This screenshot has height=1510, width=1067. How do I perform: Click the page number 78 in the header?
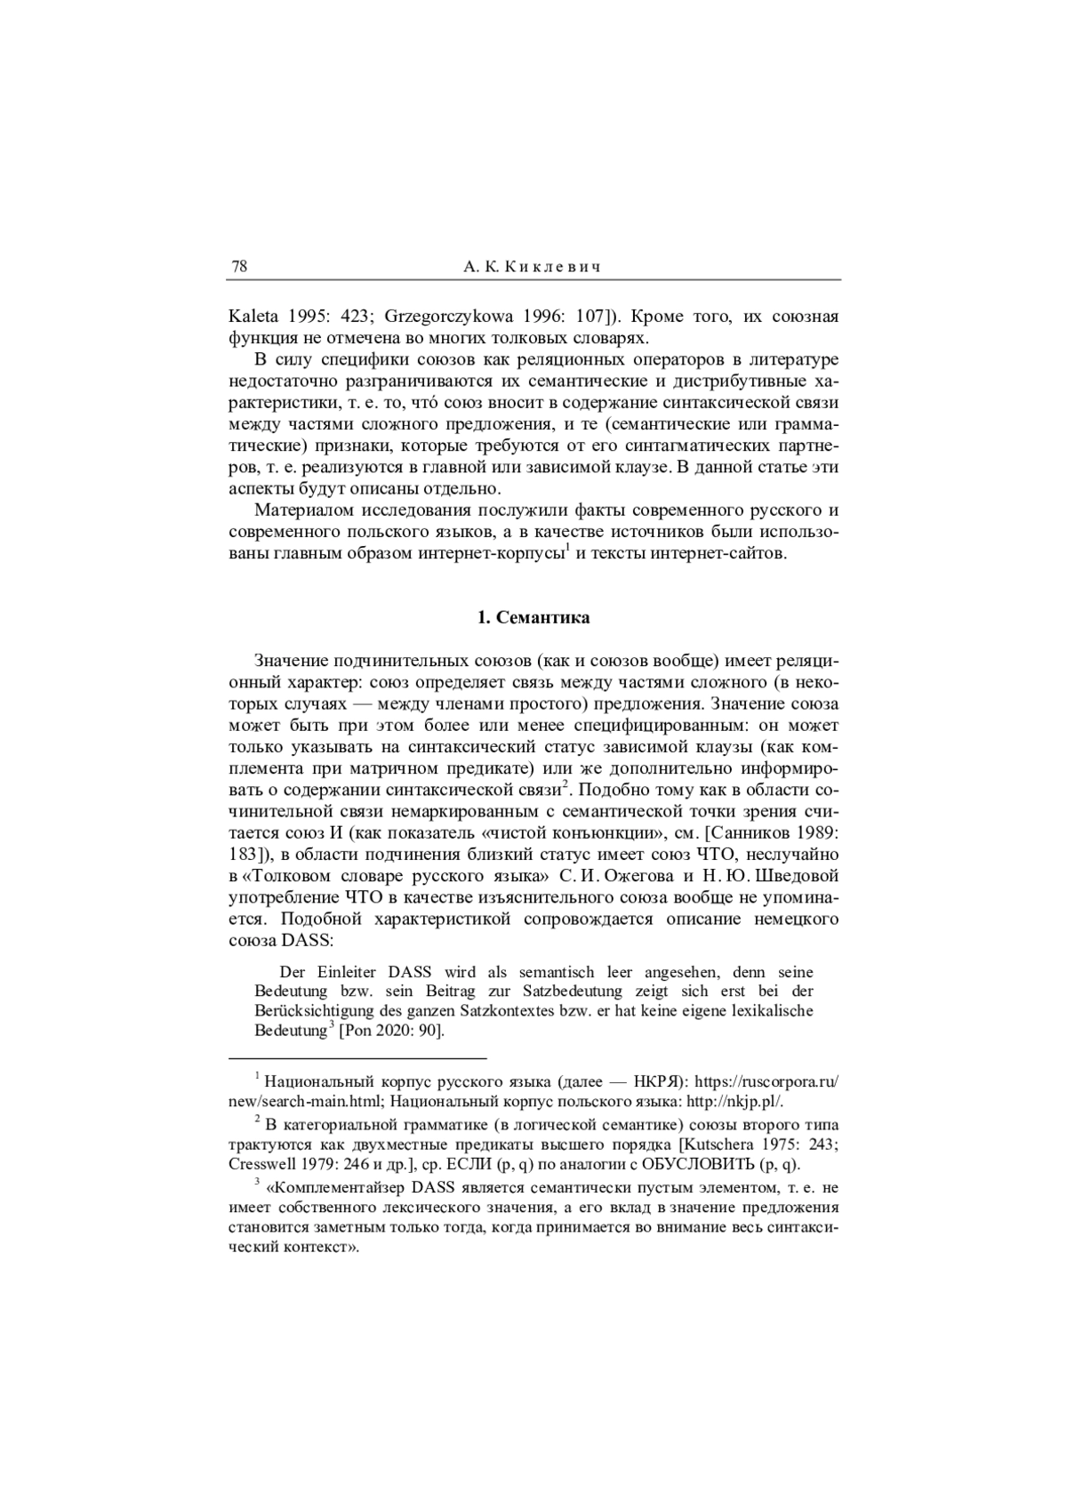[239, 266]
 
